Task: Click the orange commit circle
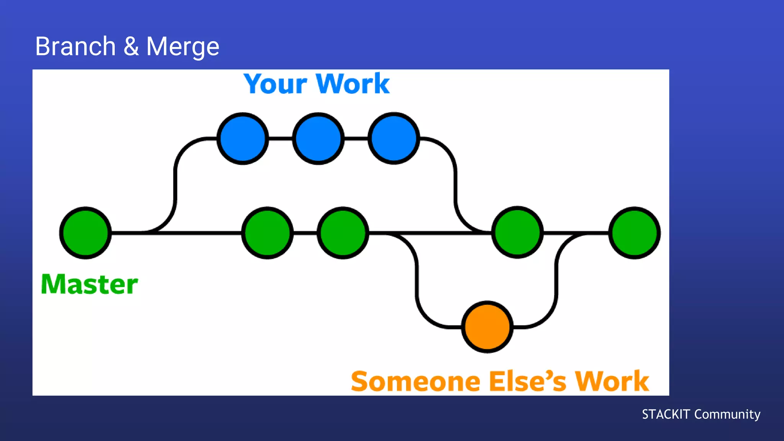coord(487,327)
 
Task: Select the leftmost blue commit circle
coord(243,139)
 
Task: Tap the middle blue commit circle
coord(318,139)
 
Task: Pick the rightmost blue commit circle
coord(394,139)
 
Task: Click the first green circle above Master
coord(85,233)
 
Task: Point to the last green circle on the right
coord(634,233)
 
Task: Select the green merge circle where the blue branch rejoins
coord(517,232)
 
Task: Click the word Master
coord(89,284)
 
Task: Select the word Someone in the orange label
coord(415,381)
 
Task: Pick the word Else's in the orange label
coord(528,381)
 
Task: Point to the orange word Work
coord(612,381)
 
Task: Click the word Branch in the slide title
coord(75,46)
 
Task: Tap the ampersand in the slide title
coord(131,46)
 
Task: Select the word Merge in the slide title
coord(183,47)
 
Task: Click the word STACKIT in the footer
coord(666,414)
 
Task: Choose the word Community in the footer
coord(727,414)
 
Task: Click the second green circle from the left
coord(267,233)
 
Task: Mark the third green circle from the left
coord(343,233)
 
